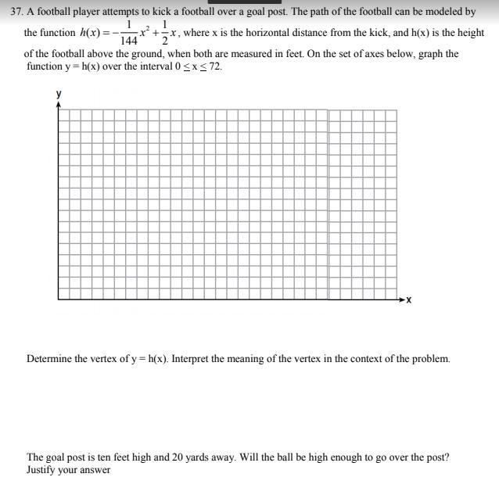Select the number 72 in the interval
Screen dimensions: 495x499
(214, 66)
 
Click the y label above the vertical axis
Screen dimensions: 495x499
(58, 94)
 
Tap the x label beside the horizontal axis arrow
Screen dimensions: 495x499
(408, 300)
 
